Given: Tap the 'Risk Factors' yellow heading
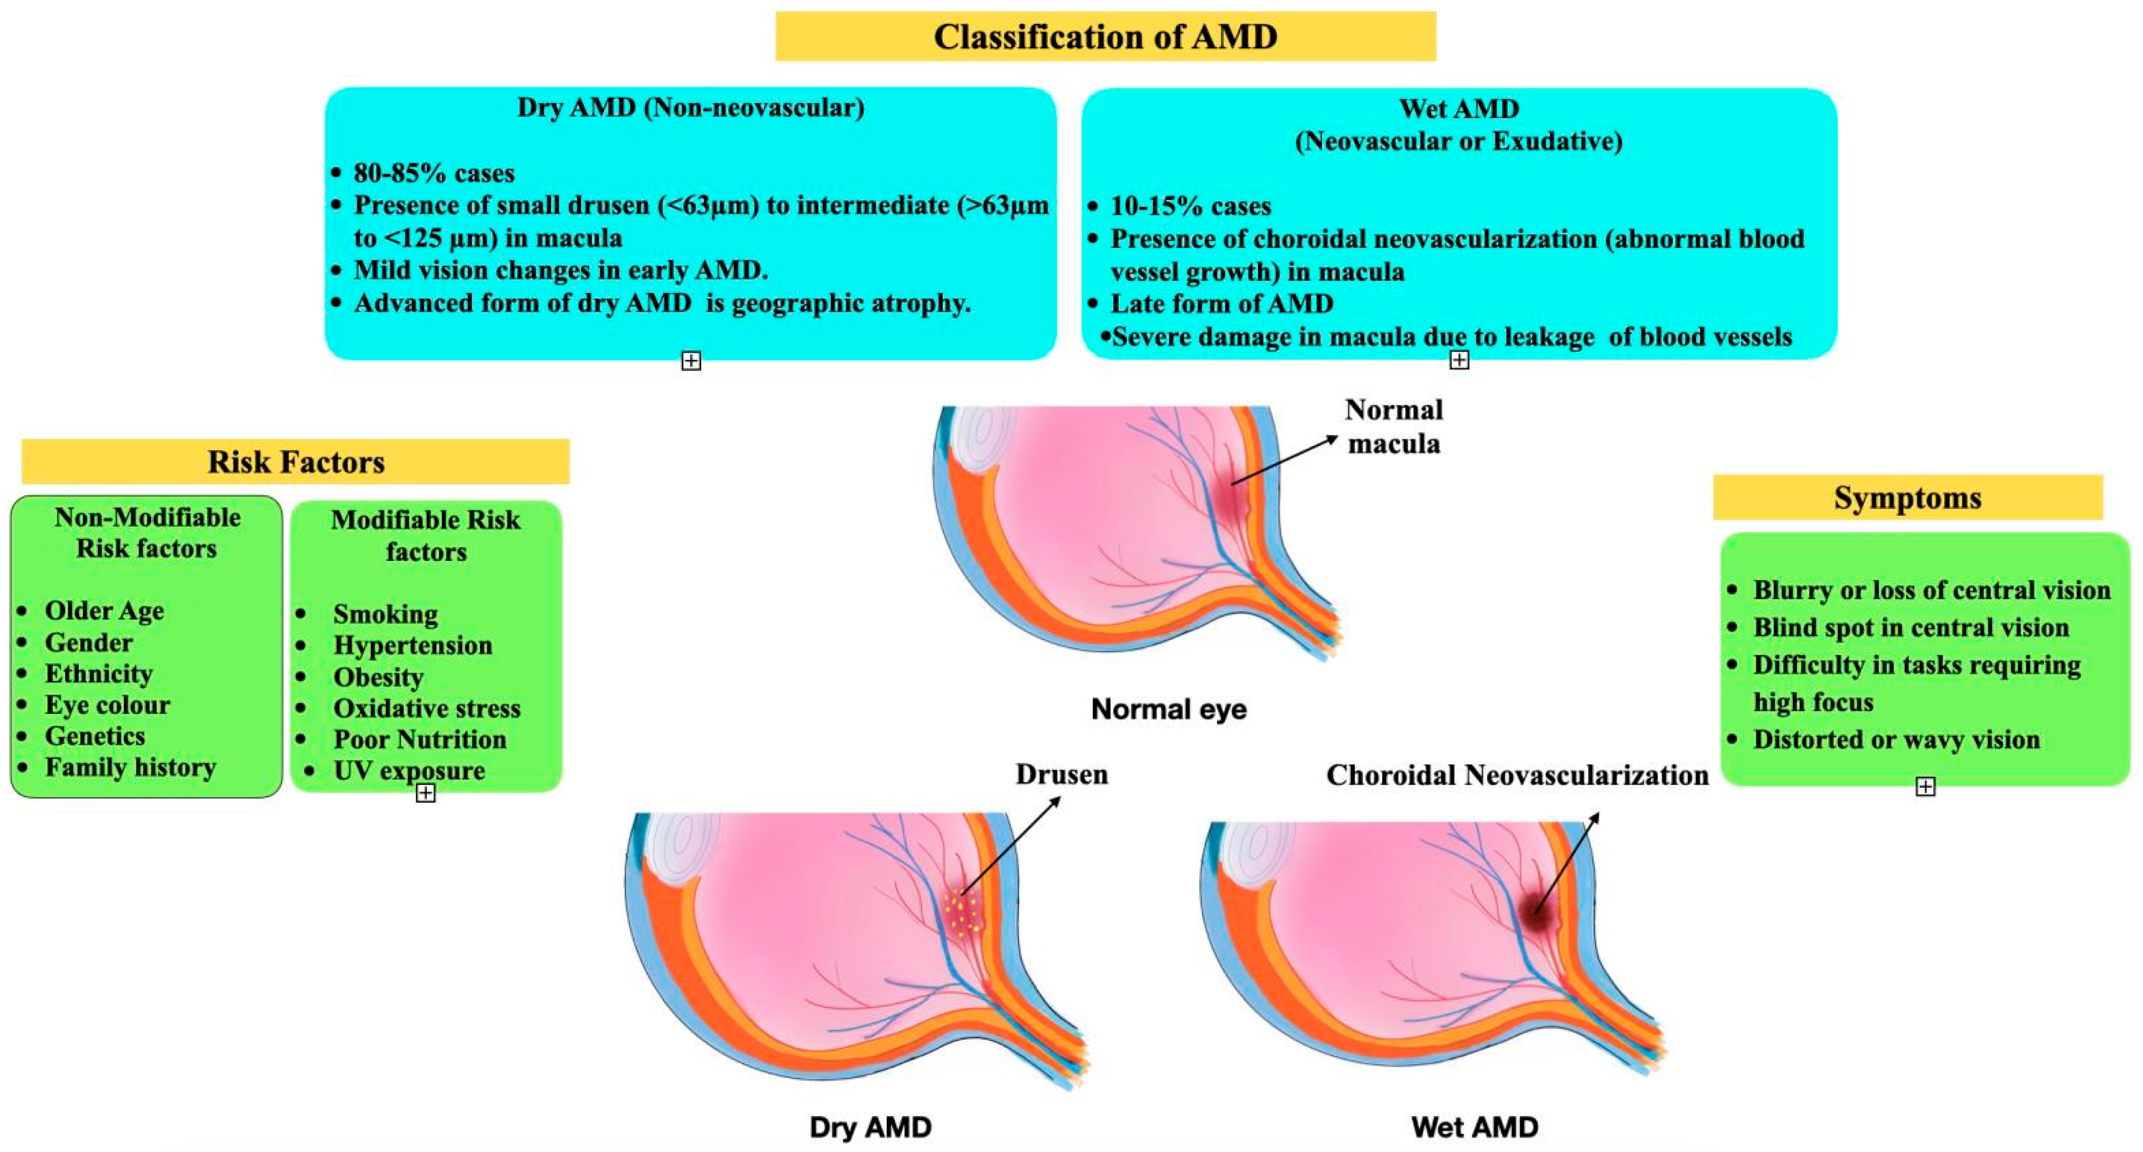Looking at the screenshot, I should coord(296,462).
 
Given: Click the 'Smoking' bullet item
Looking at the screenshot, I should coord(385,614).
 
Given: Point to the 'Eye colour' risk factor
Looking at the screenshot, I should coord(107,704).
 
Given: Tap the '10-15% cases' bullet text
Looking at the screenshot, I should coord(1190,206).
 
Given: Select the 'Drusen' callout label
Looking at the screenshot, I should coord(1061,775).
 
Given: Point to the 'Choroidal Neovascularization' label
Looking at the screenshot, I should coord(1517,775).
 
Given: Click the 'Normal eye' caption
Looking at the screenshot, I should coord(1169,709).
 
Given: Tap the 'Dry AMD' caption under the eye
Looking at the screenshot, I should coord(870,1127).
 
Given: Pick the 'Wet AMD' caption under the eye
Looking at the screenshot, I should coord(1474,1127).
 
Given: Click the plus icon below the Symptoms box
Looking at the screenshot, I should coord(1925,787).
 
